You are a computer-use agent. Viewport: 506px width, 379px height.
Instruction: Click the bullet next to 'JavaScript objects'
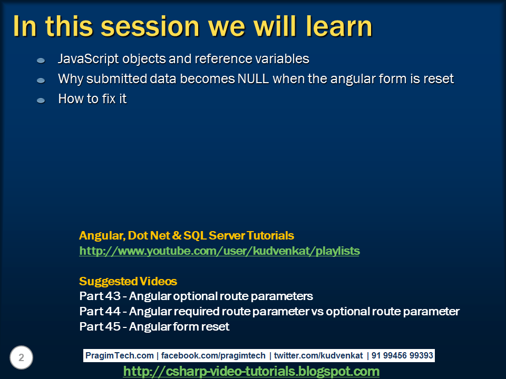point(41,61)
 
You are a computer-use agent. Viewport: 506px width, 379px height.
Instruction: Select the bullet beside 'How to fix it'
point(41,100)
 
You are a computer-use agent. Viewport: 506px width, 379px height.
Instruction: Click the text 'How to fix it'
point(92,98)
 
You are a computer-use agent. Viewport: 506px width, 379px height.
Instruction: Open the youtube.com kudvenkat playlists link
point(219,251)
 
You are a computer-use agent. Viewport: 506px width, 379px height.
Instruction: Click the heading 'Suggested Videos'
point(128,281)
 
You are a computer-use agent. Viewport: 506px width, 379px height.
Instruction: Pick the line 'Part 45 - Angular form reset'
point(154,326)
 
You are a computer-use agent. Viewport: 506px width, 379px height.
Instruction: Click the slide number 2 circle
point(22,358)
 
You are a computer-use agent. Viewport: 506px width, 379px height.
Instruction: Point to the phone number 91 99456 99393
point(402,356)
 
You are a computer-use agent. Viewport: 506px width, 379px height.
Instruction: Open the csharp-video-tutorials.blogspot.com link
point(251,372)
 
